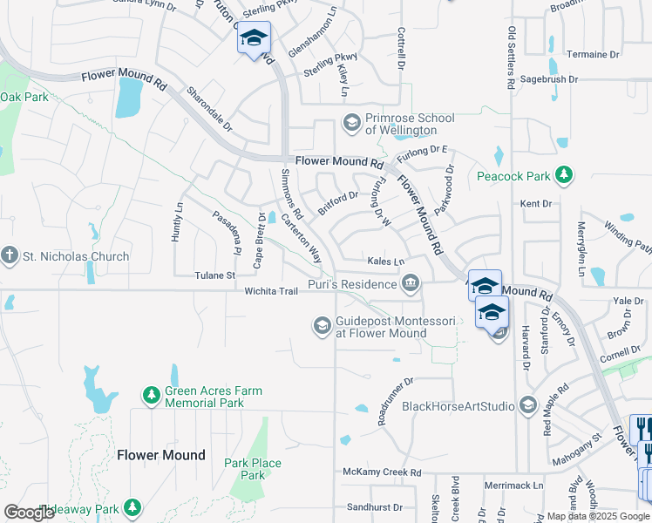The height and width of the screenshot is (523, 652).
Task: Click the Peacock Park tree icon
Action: coord(564,176)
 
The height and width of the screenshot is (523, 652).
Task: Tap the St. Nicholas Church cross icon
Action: coord(10,256)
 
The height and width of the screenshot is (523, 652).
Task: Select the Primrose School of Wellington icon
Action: coord(352,123)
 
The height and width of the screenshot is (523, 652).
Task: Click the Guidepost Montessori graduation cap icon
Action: coord(322,326)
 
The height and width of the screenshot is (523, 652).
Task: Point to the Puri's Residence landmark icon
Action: coord(411,282)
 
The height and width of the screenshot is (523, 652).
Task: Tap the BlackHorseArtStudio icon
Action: coord(528,406)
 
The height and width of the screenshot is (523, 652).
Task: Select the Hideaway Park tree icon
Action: coord(132,508)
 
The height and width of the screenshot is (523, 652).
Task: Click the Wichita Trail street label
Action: coord(271,291)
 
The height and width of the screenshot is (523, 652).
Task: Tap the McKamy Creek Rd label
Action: coord(382,472)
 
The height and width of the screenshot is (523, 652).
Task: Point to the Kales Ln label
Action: coord(386,261)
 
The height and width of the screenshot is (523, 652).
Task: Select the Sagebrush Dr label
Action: coord(548,79)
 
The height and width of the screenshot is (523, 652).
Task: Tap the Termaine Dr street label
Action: coord(593,54)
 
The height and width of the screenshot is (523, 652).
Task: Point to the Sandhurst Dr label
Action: coord(374,506)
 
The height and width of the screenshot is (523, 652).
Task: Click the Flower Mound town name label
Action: coord(161,455)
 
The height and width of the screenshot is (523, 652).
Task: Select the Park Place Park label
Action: coord(253,469)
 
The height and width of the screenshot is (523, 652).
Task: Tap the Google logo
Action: coord(30,513)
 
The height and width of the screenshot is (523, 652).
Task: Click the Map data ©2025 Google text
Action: coord(598,516)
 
